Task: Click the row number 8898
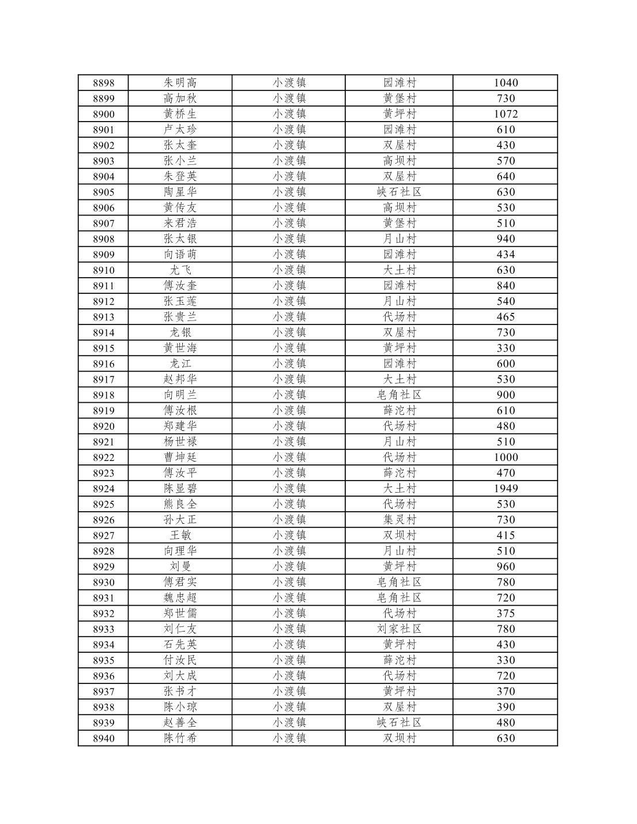pyautogui.click(x=104, y=83)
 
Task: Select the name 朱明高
pyautogui.click(x=180, y=83)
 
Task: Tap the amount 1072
pyautogui.click(x=506, y=114)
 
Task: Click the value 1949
pyautogui.click(x=506, y=489)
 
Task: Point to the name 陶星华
pyautogui.click(x=180, y=192)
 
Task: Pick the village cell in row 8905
pyautogui.click(x=399, y=192)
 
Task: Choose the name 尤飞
pyautogui.click(x=180, y=270)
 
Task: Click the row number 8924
pyautogui.click(x=104, y=489)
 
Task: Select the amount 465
pyautogui.click(x=506, y=317)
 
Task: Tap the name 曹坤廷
pyautogui.click(x=180, y=458)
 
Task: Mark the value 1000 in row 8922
pyautogui.click(x=506, y=458)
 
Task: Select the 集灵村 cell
pyautogui.click(x=399, y=520)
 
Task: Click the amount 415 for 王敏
pyautogui.click(x=506, y=535)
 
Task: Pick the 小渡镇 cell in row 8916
pyautogui.click(x=289, y=364)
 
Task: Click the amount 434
pyautogui.click(x=506, y=255)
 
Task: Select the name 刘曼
pyautogui.click(x=180, y=566)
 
